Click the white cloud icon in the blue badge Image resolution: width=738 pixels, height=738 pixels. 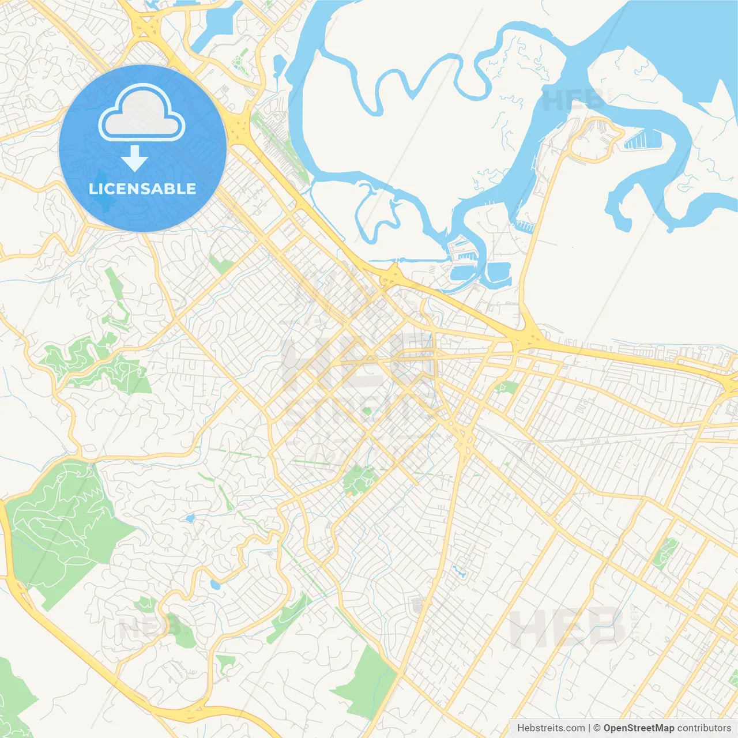(x=142, y=114)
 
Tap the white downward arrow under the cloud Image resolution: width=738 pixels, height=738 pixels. (x=134, y=159)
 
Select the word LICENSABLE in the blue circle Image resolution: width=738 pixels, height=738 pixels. (x=142, y=189)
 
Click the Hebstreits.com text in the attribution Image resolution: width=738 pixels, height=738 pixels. (x=551, y=728)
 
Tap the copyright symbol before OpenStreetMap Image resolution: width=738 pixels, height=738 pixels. (x=597, y=728)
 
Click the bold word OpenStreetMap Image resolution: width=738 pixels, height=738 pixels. (x=638, y=728)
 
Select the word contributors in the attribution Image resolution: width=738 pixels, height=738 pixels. (x=704, y=728)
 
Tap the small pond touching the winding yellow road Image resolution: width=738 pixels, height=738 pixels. (x=215, y=584)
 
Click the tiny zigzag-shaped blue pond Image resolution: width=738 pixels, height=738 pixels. (x=460, y=573)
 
